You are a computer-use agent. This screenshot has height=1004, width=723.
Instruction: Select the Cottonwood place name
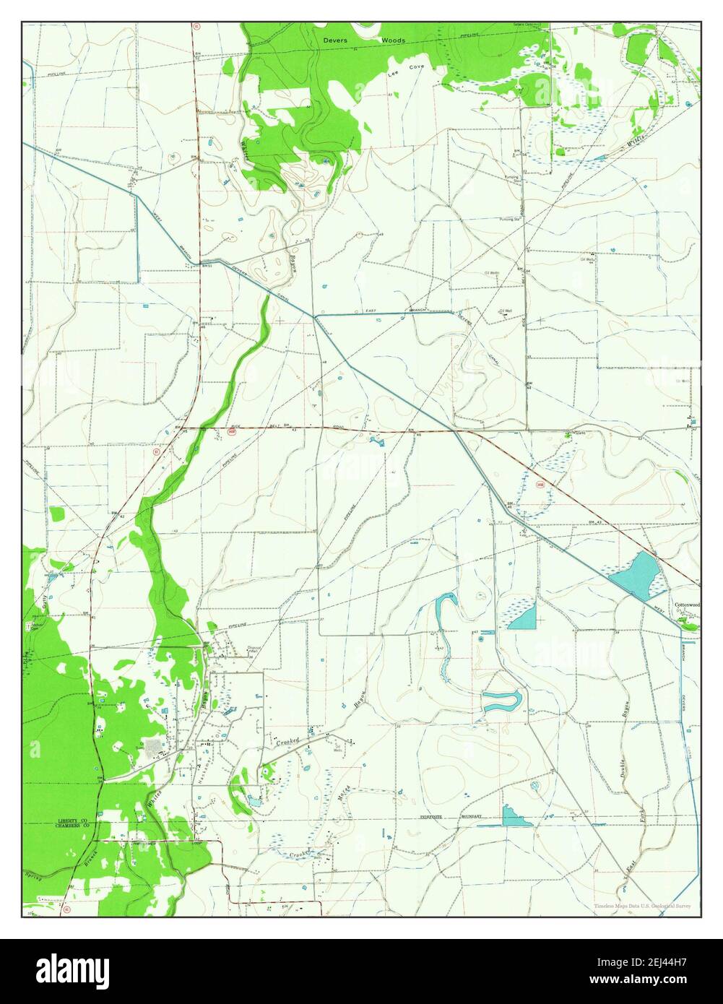687,605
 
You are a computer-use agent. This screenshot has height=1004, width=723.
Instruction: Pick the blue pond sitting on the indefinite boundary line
514,817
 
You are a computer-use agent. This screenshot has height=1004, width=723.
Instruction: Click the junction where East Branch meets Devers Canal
315,316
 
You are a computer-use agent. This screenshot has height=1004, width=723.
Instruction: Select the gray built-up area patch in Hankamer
154,748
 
